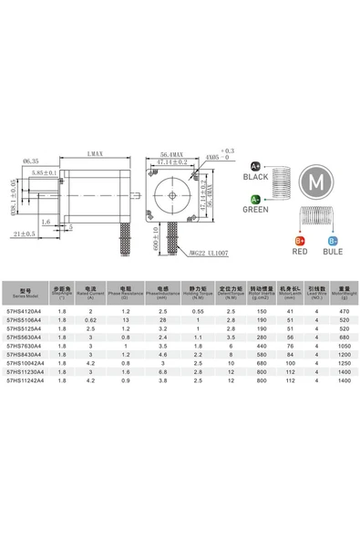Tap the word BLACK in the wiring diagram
[255, 177]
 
